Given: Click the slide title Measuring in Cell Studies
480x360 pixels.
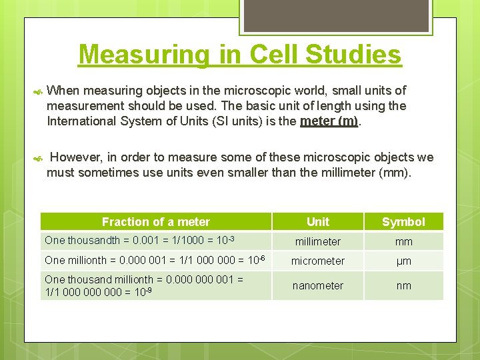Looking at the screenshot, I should tap(240, 55).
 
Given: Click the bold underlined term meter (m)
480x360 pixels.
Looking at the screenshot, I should tap(329, 121).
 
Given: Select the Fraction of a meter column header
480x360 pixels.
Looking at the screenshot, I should tap(155, 222).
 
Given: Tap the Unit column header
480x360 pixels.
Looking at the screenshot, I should tap(317, 222).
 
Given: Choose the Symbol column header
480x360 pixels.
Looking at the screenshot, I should tap(403, 222).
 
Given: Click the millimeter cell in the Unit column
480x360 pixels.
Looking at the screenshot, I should tap(317, 241).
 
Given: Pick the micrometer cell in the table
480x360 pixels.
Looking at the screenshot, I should tap(317, 261).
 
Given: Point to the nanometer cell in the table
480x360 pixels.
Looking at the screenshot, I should tap(317, 285).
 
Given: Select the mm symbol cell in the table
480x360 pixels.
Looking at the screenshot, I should tap(403, 241).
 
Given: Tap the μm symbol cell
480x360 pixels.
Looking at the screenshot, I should tap(403, 261).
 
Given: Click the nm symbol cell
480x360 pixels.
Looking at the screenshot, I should tap(403, 285).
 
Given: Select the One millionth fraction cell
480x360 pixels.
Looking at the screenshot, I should tap(153, 260).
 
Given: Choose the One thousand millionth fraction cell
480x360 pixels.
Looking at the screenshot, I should tap(144, 285).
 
